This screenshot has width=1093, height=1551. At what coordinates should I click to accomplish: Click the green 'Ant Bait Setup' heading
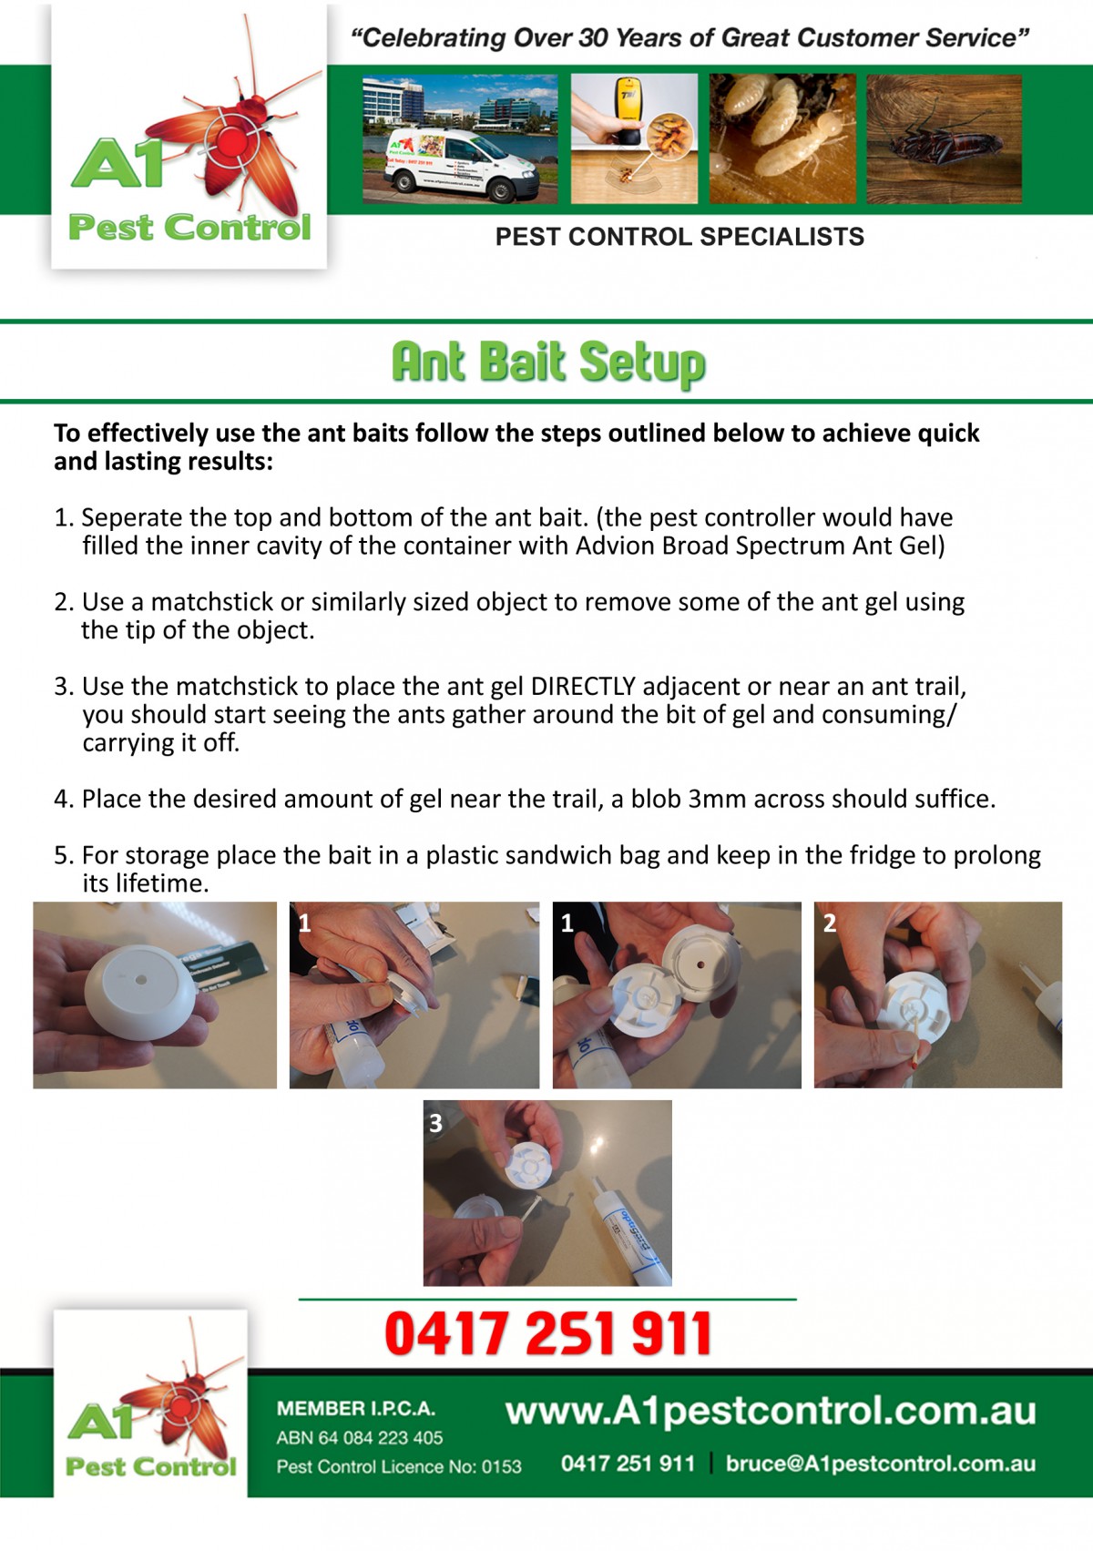547,362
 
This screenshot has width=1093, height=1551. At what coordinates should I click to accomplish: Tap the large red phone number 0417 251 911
547,1333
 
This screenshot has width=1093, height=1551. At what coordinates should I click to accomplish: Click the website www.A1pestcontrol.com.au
771,1411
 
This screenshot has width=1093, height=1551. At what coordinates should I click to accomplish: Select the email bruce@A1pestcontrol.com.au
880,1464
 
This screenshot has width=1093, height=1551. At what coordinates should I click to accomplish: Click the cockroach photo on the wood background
944,139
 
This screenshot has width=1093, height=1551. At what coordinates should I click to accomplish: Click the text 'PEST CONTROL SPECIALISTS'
679,237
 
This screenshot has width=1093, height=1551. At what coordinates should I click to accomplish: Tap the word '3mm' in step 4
717,799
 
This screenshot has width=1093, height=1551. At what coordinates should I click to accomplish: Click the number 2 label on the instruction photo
829,923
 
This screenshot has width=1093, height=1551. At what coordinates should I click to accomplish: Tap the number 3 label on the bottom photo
435,1123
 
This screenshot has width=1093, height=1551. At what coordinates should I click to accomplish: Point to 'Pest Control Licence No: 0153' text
399,1466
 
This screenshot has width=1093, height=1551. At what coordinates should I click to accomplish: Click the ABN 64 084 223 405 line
360,1437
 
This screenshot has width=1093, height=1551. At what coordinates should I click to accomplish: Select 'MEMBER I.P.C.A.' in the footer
356,1408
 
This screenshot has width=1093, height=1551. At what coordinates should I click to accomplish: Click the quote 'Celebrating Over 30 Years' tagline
690,38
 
